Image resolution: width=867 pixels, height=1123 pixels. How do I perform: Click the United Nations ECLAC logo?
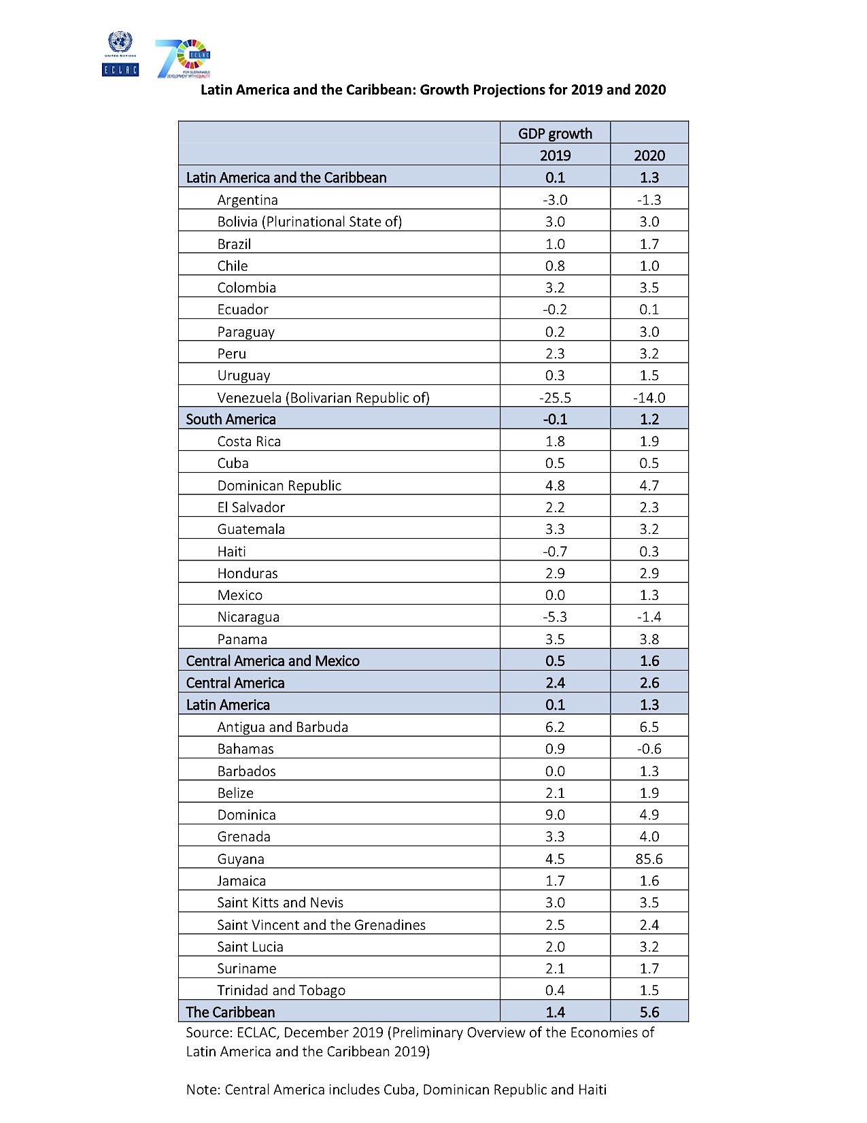120,54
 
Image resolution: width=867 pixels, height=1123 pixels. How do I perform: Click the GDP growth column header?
555,133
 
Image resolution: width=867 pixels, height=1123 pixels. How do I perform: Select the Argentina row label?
248,200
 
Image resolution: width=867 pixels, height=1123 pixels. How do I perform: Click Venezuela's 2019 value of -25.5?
555,398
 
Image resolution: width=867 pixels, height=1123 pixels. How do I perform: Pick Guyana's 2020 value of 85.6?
649,859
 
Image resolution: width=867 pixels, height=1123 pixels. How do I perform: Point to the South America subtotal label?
231,420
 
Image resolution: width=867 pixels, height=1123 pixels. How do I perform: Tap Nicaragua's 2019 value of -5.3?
555,617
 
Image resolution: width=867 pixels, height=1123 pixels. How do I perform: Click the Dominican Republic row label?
279,486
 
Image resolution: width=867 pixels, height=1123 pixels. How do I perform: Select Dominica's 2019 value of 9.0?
555,815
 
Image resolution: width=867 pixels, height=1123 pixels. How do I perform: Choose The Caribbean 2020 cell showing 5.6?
649,1012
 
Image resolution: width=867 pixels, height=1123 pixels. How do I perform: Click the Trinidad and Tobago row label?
282,990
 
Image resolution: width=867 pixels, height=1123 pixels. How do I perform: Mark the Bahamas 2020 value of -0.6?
649,749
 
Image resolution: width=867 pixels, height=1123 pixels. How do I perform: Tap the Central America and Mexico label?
273,661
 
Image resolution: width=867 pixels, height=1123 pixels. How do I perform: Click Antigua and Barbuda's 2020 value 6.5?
649,727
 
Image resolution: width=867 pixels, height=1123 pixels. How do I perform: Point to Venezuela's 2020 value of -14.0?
649,398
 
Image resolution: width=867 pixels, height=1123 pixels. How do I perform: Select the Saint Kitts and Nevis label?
280,903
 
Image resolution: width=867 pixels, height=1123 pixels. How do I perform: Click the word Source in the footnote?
208,1033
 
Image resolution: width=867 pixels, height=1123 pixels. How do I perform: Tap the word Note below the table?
201,1090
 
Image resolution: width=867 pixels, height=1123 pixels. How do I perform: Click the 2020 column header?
649,155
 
